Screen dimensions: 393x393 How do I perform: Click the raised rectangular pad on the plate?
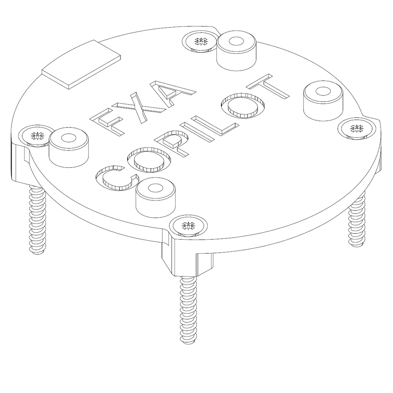click(x=81, y=65)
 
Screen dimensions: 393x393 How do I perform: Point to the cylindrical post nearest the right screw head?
click(x=322, y=100)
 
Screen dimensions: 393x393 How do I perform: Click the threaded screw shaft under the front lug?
click(x=188, y=311)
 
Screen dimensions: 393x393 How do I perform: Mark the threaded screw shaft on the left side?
click(x=38, y=219)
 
